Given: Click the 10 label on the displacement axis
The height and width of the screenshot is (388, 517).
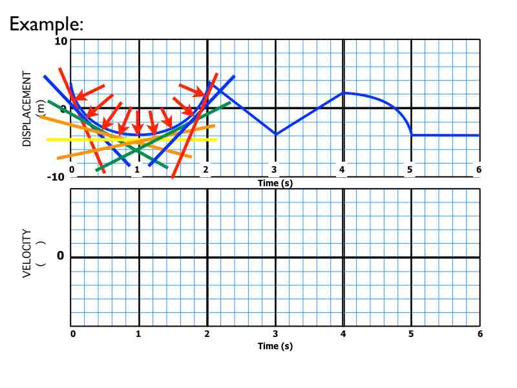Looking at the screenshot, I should pos(61,41).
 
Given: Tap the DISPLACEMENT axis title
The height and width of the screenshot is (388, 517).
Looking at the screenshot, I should pos(27,109).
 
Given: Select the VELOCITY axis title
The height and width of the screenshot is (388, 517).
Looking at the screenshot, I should pos(27,253).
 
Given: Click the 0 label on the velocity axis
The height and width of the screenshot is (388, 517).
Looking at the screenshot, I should pos(60,256).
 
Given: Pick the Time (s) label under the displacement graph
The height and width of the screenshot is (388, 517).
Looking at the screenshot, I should pos(275,183).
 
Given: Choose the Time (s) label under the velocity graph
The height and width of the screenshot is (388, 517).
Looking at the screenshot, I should pos(275,346).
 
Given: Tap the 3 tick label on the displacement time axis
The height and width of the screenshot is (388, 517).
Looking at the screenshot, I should pos(275,170).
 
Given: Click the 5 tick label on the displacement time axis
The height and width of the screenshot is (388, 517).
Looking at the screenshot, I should pos(410,170).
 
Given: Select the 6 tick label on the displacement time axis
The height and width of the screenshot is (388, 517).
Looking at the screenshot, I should pos(479,170).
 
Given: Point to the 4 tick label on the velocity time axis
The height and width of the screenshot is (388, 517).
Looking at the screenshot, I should pos(343,334).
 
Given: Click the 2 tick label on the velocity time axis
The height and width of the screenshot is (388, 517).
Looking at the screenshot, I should pos(206,334).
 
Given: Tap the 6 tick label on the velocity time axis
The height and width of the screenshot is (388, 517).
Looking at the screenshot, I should pos(479,334).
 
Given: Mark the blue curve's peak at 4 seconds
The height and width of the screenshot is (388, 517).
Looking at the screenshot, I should pos(344,93).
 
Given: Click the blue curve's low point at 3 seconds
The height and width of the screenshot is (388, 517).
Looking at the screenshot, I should pos(275,135).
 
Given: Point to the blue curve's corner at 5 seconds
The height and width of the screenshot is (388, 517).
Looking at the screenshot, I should pos(412,135).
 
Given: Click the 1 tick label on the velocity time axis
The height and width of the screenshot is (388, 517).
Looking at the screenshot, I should pos(138,334).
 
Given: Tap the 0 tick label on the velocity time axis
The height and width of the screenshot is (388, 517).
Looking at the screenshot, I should pos(73,334).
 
